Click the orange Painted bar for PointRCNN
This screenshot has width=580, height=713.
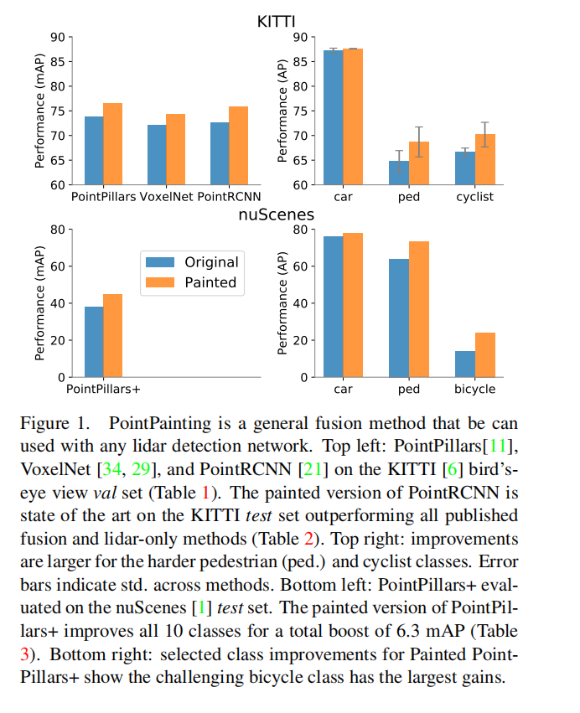tap(238, 145)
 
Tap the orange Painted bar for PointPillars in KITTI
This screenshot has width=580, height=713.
tap(112, 143)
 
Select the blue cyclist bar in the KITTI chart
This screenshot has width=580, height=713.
tap(465, 168)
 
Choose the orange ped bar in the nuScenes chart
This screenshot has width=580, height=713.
tap(418, 309)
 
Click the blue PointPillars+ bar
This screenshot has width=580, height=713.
tap(94, 342)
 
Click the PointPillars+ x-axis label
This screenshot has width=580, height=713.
tap(103, 390)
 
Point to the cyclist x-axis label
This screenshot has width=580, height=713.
tap(474, 197)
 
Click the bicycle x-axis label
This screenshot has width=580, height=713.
tap(474, 390)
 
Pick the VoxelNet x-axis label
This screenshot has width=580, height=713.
tap(167, 197)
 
